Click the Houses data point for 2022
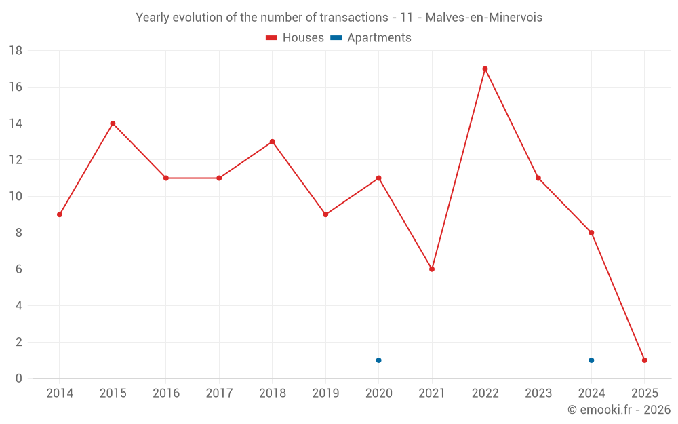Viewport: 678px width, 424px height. pos(485,69)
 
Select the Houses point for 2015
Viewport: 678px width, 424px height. pos(113,123)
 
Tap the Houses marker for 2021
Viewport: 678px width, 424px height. pos(432,269)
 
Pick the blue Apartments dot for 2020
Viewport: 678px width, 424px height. pos(378,360)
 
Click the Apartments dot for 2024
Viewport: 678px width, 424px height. pos(591,360)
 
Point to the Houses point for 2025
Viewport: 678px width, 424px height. pos(645,360)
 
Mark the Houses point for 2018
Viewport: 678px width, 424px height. pos(272,142)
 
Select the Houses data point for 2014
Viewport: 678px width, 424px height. pos(60,214)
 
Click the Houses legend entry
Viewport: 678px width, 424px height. pos(295,38)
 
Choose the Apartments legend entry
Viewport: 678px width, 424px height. pos(371,38)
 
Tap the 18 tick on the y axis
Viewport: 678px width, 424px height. pos(16,51)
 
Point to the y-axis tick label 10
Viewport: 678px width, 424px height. pos(16,197)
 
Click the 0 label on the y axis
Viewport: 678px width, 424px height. pos(19,379)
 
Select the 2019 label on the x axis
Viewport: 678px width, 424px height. pos(325,393)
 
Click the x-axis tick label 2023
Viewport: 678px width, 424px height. pos(538,393)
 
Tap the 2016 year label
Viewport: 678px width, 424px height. pos(166,393)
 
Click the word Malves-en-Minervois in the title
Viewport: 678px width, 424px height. pos(483,18)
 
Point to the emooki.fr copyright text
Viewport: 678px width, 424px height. pos(619,410)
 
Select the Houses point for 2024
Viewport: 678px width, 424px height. pos(591,233)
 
